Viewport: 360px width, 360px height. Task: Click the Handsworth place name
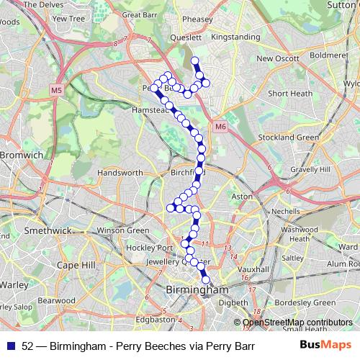pyautogui.click(x=120, y=174)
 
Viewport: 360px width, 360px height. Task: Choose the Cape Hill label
pyautogui.click(x=76, y=265)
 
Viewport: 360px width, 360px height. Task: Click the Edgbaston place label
pyautogui.click(x=155, y=319)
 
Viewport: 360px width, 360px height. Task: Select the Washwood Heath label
pyautogui.click(x=304, y=234)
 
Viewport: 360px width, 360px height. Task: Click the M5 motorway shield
pyautogui.click(x=56, y=90)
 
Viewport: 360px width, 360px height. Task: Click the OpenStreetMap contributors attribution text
pyautogui.click(x=297, y=323)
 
